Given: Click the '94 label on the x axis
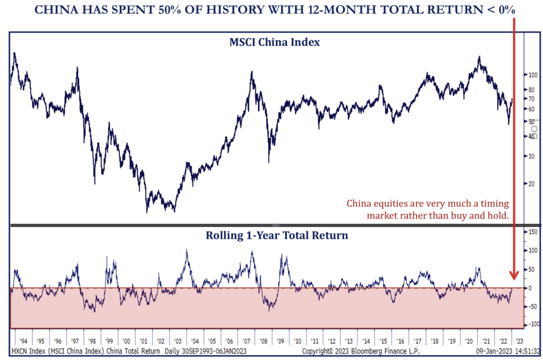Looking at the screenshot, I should (x=23, y=341).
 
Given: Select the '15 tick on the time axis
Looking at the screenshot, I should (x=382, y=341).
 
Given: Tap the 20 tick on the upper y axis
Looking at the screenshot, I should (x=531, y=184).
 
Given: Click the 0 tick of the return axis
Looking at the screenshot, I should (x=530, y=288).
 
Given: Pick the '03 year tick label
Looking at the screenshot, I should (x=178, y=341).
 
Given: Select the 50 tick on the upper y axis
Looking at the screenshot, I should (x=531, y=121).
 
